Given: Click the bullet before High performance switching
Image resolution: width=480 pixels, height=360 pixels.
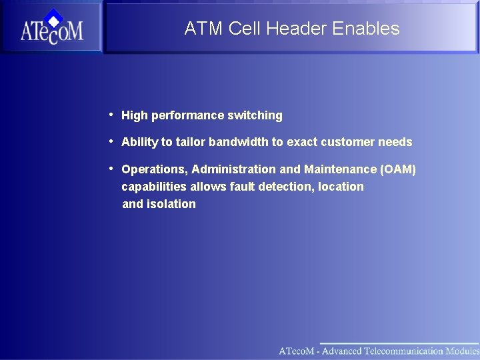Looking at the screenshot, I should point(111,115).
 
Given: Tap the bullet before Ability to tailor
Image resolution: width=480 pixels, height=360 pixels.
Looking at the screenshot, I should point(111,141).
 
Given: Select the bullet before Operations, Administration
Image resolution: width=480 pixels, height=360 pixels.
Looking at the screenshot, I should point(111,169).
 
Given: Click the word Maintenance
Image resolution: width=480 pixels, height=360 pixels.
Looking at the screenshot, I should point(339,170).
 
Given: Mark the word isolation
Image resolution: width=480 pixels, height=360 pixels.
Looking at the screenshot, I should point(171,205).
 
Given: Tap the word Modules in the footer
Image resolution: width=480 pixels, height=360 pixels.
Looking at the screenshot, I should point(462,351).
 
